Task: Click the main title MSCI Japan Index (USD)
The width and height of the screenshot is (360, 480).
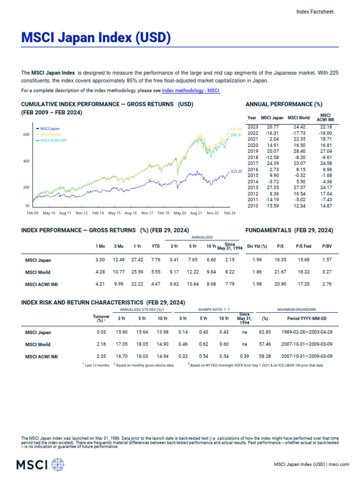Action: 96,38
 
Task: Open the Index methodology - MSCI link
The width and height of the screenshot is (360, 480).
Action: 191,90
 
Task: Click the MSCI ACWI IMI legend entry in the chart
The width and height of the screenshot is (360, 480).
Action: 52,140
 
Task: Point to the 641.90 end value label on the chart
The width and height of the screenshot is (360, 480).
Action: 236,129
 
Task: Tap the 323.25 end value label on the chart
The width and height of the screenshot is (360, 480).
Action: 236,172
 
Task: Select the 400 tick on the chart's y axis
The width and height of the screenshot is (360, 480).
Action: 26,161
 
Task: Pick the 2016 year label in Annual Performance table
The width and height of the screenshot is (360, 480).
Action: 253,169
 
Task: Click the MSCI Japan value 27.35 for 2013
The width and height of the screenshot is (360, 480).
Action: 272,187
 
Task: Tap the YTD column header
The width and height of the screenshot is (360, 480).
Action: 156,246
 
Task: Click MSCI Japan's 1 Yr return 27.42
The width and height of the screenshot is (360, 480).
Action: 137,259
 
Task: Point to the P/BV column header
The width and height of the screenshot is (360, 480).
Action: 326,246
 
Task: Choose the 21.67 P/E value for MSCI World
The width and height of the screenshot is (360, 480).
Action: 281,272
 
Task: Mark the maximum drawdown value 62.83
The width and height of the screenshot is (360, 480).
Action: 265,332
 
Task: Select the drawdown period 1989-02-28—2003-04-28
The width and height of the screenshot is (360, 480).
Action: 307,332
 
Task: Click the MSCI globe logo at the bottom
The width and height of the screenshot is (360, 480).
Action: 58,465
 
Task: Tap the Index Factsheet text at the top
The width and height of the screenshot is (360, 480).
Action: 315,12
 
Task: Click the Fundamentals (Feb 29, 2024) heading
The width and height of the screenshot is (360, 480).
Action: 289,230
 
